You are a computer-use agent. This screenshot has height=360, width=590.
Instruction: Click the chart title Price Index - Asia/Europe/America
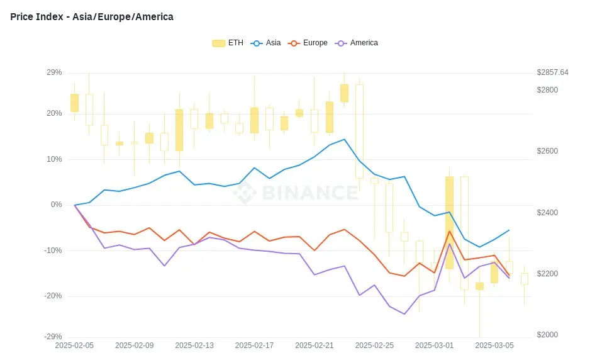(92, 17)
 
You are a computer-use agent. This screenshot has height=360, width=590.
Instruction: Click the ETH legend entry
(228, 43)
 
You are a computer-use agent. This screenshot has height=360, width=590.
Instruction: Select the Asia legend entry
(266, 43)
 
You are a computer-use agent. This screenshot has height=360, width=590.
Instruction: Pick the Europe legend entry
(308, 43)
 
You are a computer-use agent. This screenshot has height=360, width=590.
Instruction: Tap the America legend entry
(358, 43)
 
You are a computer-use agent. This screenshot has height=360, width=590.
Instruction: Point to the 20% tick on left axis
(54, 113)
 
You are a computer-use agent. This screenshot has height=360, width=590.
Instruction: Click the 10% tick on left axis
(54, 159)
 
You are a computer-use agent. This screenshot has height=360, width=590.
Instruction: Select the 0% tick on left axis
(56, 205)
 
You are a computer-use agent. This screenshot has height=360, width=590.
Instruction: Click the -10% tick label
(53, 250)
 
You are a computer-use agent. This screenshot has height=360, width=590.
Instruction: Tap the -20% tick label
(53, 296)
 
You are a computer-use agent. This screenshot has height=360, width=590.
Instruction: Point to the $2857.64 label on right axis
(552, 72)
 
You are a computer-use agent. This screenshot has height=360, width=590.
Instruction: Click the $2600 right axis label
(547, 151)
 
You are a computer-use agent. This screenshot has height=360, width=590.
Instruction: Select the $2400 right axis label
(547, 213)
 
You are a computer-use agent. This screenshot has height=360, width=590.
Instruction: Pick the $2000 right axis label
(547, 335)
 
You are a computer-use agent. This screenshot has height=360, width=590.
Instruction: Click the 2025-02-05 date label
(75, 346)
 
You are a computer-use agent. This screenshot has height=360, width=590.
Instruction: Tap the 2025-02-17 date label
(255, 346)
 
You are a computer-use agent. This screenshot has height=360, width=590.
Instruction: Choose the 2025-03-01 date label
(435, 346)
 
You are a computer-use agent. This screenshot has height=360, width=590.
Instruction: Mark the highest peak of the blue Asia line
(344, 139)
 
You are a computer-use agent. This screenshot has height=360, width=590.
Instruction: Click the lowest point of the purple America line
(404, 314)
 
